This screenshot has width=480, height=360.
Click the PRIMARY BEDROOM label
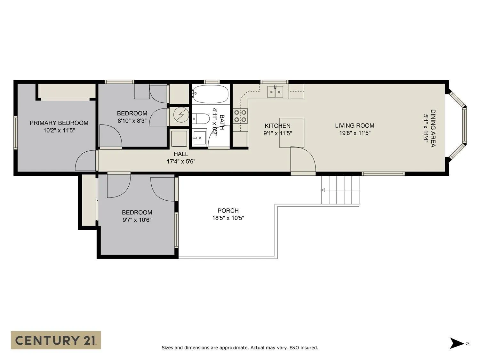pyautogui.click(x=59, y=123)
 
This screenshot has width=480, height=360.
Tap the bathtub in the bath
pyautogui.click(x=210, y=94)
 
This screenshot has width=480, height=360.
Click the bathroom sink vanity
pyautogui.click(x=199, y=138)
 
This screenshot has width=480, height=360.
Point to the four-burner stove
pyautogui.click(x=240, y=116)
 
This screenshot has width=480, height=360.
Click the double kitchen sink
pyautogui.click(x=275, y=92)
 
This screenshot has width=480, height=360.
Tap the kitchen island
pyautogui.click(x=292, y=133)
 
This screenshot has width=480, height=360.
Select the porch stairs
pyautogui.click(x=340, y=190)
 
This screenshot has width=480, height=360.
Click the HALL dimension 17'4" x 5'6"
pyautogui.click(x=181, y=162)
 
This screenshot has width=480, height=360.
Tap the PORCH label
pyautogui.click(x=228, y=211)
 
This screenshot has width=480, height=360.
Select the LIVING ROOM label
pyautogui.click(x=355, y=125)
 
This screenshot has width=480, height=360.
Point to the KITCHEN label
pyautogui.click(x=277, y=126)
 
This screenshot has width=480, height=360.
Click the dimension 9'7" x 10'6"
pyautogui.click(x=137, y=220)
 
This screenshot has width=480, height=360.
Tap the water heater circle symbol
pyautogui.click(x=181, y=115)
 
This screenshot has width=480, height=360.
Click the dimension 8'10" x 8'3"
pyautogui.click(x=132, y=121)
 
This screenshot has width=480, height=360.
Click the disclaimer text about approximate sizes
pyautogui.click(x=240, y=348)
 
